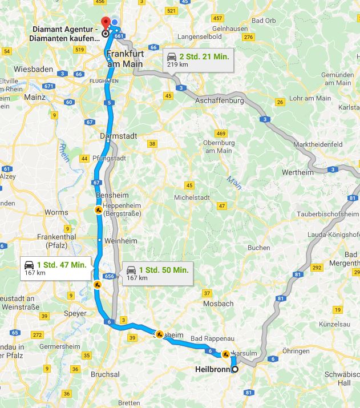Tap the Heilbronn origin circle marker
pos(235,369)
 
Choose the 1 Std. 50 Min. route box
pos(156,273)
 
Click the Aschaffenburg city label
pos(219,100)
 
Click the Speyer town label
pos(75,313)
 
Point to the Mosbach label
pos(219,304)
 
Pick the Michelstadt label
pos(192,197)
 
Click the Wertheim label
pos(297,172)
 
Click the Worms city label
pos(56,212)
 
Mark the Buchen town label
pos(258,248)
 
